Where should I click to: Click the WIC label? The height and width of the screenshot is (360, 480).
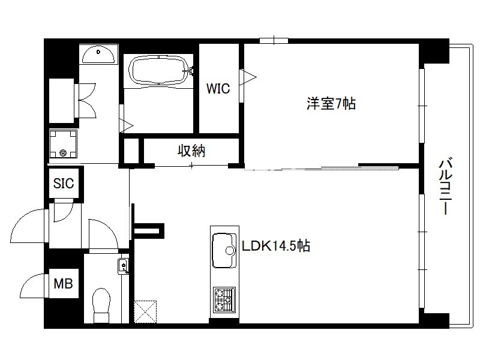218,88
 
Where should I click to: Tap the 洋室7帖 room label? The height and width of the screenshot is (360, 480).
331,103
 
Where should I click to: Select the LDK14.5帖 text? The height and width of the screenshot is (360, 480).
276,245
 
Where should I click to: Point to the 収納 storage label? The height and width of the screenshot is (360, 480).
191,151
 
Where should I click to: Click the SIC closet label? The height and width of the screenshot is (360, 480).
64,183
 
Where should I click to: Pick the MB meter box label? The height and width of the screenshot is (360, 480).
63,283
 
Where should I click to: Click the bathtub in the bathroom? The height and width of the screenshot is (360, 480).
158,70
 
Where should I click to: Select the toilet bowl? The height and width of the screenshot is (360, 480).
101,305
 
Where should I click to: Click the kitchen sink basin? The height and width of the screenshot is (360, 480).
224,251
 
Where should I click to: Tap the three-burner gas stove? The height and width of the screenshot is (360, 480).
224,299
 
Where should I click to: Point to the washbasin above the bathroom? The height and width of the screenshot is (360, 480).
98,55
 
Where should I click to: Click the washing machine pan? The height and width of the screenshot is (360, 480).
63,143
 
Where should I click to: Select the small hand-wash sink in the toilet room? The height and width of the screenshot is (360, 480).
123,266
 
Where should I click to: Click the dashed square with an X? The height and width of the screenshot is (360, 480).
145,311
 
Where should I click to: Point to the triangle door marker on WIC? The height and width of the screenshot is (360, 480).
248,77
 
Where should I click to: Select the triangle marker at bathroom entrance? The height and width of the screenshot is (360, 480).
127,125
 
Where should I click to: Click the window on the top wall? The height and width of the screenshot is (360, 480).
274,40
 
